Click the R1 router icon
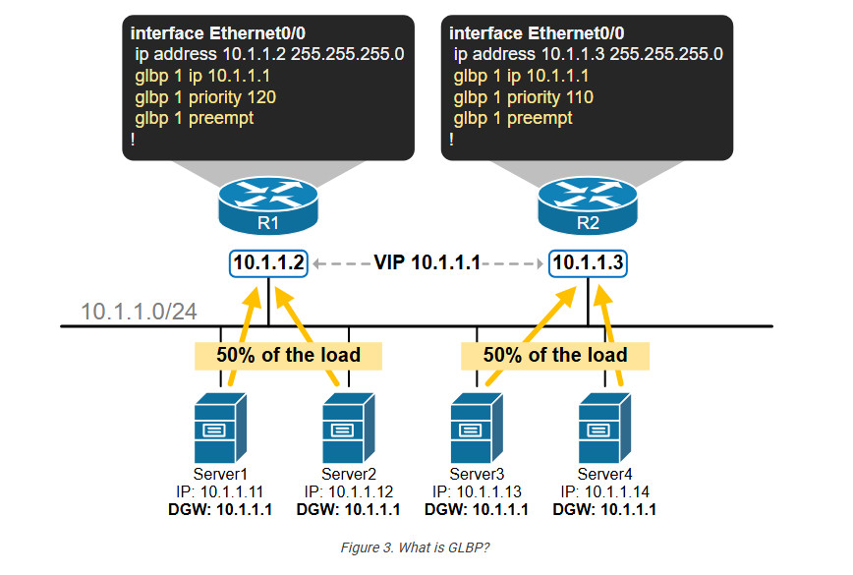(268, 205)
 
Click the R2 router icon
(588, 205)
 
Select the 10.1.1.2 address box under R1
(268, 263)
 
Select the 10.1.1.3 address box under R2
(588, 263)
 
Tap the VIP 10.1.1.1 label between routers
(427, 262)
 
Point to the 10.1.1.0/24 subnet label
(139, 312)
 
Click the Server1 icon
(220, 429)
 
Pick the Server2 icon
(349, 429)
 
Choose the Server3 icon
(477, 429)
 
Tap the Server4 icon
(604, 429)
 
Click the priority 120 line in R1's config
(205, 97)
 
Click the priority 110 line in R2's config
(524, 97)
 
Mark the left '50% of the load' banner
(288, 355)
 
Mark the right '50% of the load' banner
(555, 355)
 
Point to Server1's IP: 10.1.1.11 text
(220, 491)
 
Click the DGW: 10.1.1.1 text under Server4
(604, 510)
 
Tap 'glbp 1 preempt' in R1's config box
(195, 119)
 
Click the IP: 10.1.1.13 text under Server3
(477, 491)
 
